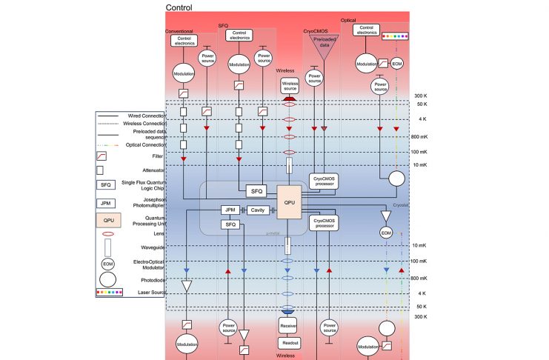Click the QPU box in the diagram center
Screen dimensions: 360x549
[x=290, y=201]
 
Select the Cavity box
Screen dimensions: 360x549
[x=257, y=210]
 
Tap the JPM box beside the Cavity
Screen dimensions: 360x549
[x=230, y=210]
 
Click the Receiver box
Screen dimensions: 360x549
[x=290, y=327]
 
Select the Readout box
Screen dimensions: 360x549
[x=290, y=343]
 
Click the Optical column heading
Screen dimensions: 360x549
[x=348, y=20]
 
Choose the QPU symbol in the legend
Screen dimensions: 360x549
[x=108, y=220]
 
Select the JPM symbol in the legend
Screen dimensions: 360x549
[x=107, y=201]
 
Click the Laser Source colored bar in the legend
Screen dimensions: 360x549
[x=108, y=293]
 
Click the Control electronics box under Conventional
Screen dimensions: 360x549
[x=183, y=41]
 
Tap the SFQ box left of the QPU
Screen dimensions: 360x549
[x=256, y=191]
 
